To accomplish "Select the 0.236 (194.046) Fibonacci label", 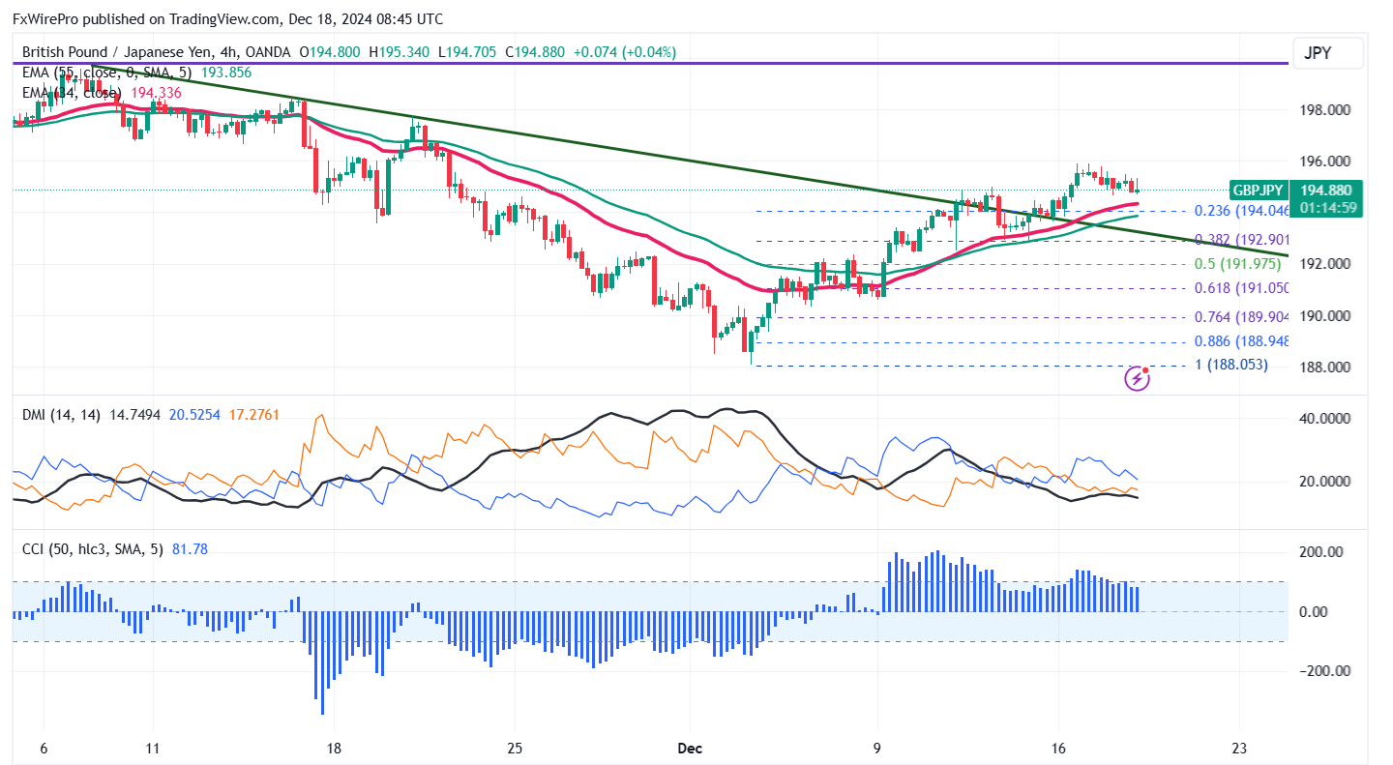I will click(1241, 211).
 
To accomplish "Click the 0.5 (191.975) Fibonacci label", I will click(1237, 264).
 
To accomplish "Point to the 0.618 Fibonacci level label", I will click(1241, 288).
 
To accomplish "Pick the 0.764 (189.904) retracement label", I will click(1241, 317).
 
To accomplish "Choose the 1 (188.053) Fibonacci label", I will click(1230, 365).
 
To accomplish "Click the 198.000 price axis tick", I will click(1323, 110).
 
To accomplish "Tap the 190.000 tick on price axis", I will click(1323, 315).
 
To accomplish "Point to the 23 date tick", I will click(1240, 748).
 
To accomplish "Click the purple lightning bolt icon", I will click(1138, 378).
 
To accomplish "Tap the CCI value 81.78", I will click(190, 549).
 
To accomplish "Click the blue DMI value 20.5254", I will click(195, 415).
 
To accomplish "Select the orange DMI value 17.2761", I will click(252, 415).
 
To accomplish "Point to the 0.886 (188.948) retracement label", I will click(1241, 341).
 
